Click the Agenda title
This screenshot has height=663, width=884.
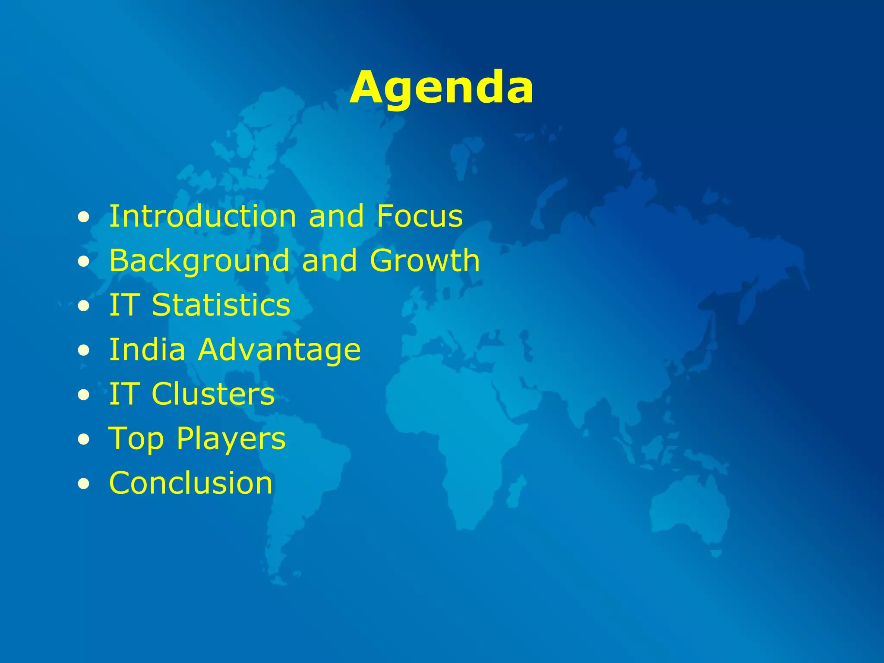coord(441,88)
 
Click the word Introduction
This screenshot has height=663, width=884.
coord(202,216)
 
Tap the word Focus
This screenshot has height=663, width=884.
coord(420,216)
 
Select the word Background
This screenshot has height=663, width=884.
coord(199,261)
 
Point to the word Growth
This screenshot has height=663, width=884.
coord(425,261)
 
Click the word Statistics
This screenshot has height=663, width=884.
coord(221,305)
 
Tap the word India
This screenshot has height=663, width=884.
coord(147,349)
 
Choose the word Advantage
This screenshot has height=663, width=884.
coord(279,350)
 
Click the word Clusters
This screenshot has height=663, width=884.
coord(213,394)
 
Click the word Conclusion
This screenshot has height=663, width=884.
coord(191,483)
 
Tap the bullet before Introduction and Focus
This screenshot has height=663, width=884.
coord(84,218)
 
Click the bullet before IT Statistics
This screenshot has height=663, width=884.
coord(84,306)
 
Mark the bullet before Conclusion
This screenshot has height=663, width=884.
coord(84,484)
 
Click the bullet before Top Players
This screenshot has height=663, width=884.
coord(84,440)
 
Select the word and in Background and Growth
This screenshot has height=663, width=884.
coord(329,261)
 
